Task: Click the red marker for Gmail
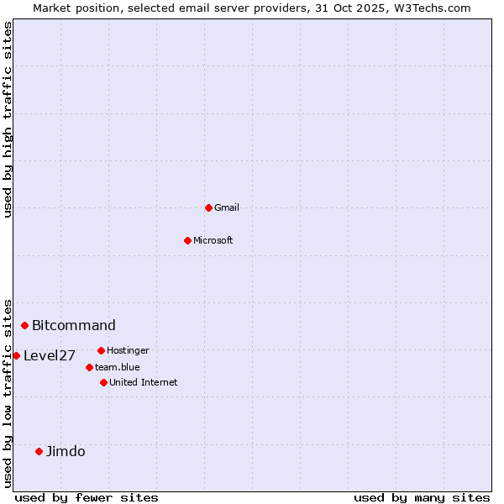click(208, 207)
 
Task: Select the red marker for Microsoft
click(187, 240)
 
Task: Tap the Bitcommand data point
click(25, 325)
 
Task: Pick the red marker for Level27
click(16, 355)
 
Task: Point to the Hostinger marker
click(101, 350)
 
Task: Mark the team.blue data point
click(89, 367)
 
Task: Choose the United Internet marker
click(103, 382)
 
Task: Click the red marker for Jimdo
click(39, 451)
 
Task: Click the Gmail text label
click(227, 207)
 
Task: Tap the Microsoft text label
click(213, 240)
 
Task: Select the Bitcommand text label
click(74, 325)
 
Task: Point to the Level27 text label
click(50, 355)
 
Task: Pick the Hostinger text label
click(128, 350)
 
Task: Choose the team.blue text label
click(118, 367)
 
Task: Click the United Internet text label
click(144, 382)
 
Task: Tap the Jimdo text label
click(66, 451)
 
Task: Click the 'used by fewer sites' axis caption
click(87, 497)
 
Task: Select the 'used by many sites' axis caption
click(422, 497)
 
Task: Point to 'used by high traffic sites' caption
click(8, 119)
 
